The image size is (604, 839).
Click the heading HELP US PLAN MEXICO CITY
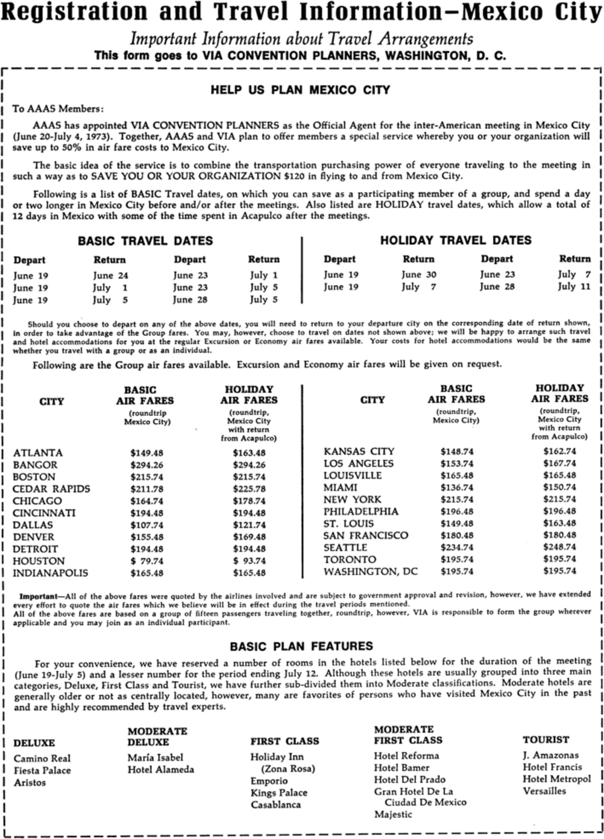[x=300, y=90]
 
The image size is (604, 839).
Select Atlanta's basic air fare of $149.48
[x=147, y=453]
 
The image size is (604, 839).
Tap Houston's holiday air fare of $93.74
[x=249, y=560]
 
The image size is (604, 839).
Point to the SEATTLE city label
[x=345, y=547]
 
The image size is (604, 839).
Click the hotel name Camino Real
[x=42, y=758]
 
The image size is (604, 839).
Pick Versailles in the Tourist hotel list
[x=544, y=791]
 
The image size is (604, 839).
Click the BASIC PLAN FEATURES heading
[x=301, y=646]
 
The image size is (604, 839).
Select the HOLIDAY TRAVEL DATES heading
[x=455, y=241]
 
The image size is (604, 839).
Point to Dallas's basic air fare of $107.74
[x=147, y=525]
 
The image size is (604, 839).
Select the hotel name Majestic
[x=393, y=815]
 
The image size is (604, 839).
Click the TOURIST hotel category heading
[x=545, y=740]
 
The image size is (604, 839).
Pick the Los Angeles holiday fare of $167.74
[x=560, y=463]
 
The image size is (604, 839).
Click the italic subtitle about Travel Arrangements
[x=301, y=39]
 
